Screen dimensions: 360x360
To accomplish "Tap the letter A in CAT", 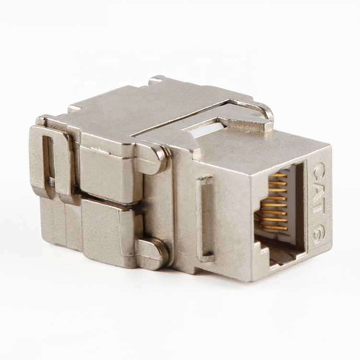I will [x=318, y=186].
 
